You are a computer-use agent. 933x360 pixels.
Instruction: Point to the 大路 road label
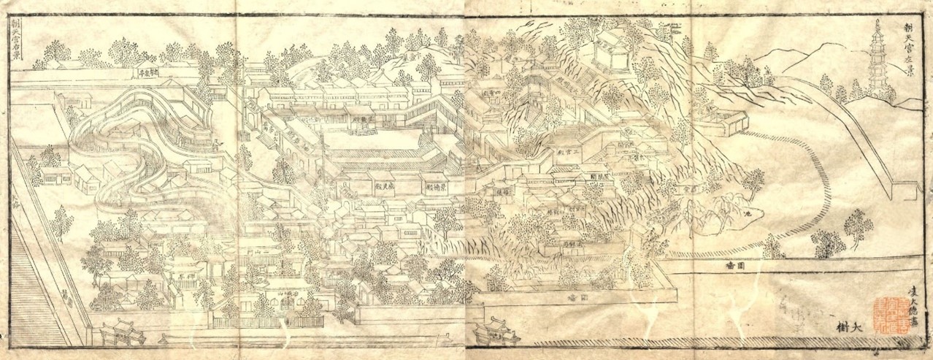16,198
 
